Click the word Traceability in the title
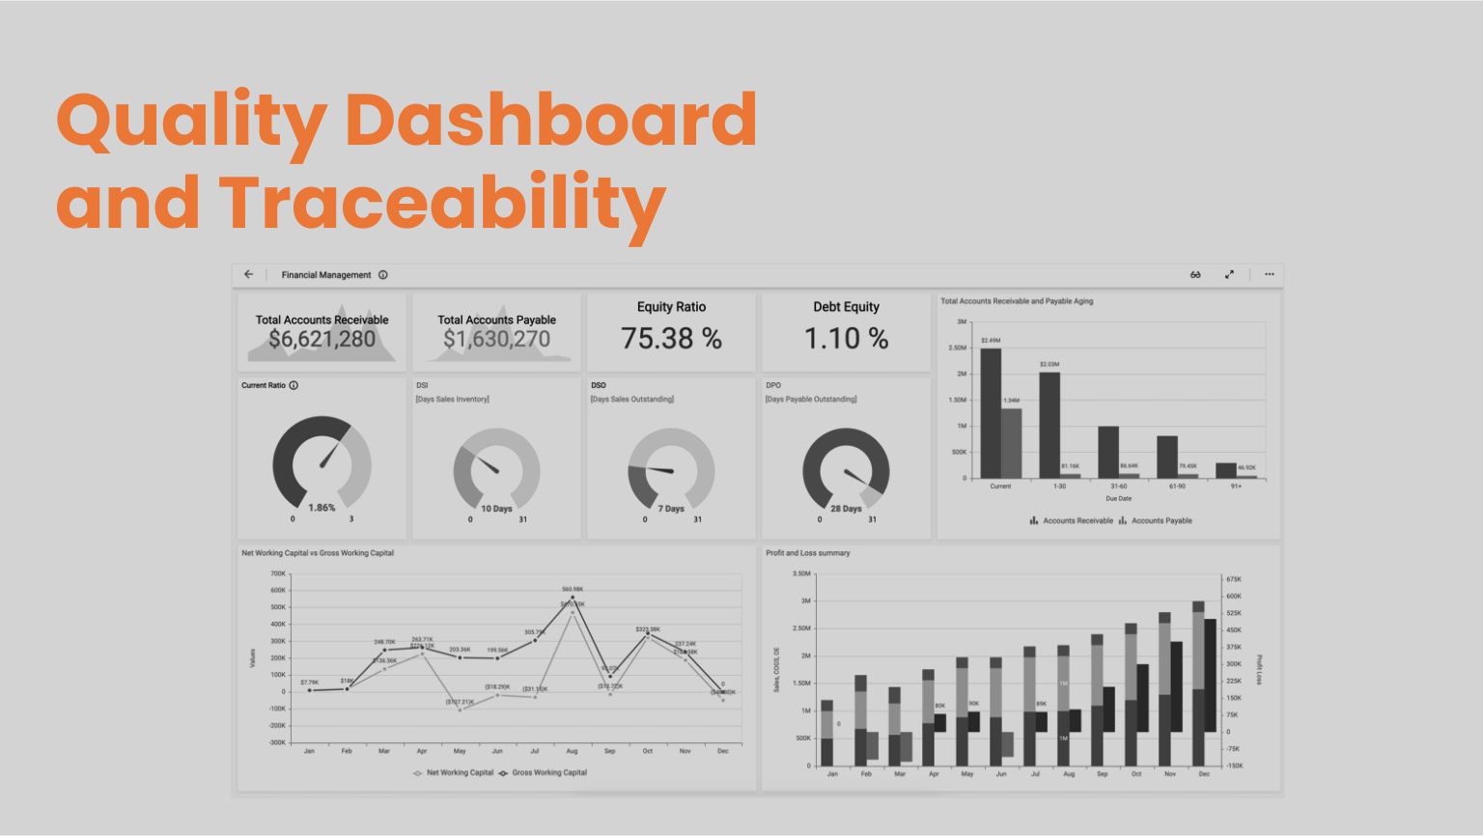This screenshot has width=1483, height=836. coord(442,204)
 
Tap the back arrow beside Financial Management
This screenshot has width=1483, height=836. coord(249,274)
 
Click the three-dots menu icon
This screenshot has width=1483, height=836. coord(1270,274)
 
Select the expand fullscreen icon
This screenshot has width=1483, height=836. coord(1229,274)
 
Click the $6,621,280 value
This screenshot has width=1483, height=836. coord(322,339)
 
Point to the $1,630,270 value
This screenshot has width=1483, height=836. coord(496,339)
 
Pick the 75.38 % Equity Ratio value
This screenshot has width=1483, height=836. coord(671,339)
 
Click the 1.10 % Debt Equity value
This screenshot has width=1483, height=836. coord(846,339)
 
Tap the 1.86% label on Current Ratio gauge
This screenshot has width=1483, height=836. coord(322,508)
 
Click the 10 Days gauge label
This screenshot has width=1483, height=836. coord(496,509)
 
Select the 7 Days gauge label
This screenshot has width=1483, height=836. coord(671,509)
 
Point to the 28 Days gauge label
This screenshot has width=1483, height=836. coord(846,509)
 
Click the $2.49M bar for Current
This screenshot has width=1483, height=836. coord(991,413)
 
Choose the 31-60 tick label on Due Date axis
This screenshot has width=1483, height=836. coord(1118,487)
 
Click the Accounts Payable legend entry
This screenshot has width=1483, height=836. coord(1161,521)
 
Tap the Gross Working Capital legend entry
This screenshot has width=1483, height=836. coord(548,773)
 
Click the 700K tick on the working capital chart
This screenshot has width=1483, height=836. coord(277,573)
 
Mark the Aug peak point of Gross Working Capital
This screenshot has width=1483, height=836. coord(573,598)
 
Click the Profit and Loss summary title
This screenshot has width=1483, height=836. coord(807,553)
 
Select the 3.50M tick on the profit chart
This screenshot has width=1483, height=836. coord(801,573)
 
